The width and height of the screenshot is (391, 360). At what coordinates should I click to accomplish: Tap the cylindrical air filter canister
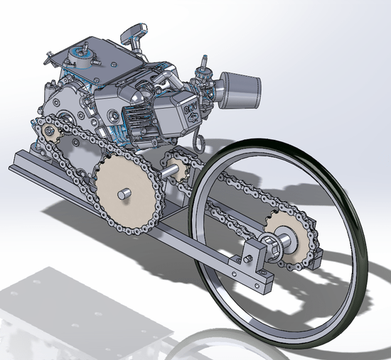coord(240,84)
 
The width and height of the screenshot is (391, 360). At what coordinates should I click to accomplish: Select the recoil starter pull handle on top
coord(134,32)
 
